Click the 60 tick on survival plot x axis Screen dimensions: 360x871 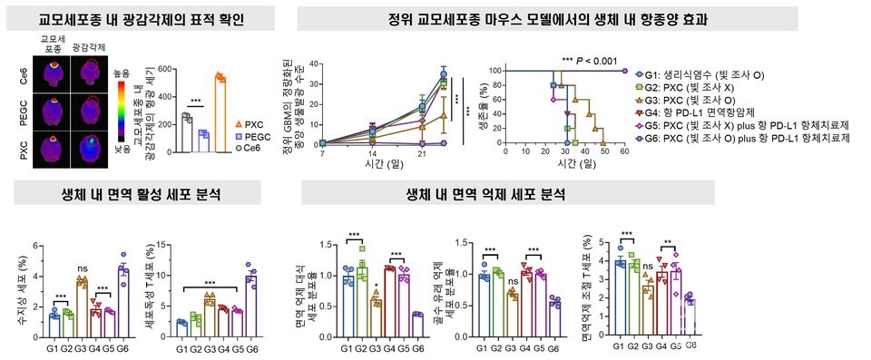624,153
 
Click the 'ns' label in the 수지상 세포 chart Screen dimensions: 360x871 82,268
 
